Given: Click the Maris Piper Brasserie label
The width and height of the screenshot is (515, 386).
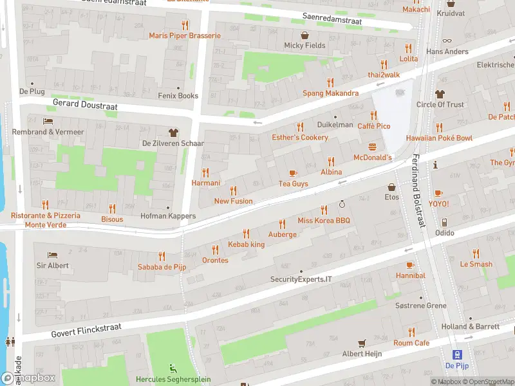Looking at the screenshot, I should pyautogui.click(x=185, y=35).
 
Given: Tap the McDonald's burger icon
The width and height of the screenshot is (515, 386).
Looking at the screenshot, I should pyautogui.click(x=372, y=147).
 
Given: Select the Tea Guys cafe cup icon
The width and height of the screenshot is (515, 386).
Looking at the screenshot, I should pyautogui.click(x=293, y=172).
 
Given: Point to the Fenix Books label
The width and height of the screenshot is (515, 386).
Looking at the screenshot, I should pyautogui.click(x=178, y=96).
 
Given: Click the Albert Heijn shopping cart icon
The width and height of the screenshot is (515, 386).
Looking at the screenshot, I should pyautogui.click(x=362, y=343).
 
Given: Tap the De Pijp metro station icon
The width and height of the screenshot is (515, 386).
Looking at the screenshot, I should pyautogui.click(x=457, y=354).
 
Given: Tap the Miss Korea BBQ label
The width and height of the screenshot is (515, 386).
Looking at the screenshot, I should pyautogui.click(x=323, y=221).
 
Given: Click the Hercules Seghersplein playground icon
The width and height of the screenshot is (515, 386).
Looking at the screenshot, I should pyautogui.click(x=172, y=369).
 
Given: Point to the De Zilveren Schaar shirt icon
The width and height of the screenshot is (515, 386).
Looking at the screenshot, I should pyautogui.click(x=173, y=132).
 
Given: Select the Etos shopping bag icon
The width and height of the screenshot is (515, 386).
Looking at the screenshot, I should pyautogui.click(x=391, y=187).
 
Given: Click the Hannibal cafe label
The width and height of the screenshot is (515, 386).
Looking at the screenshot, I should pyautogui.click(x=410, y=275).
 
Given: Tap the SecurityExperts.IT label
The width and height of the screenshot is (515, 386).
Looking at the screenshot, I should pyautogui.click(x=301, y=279).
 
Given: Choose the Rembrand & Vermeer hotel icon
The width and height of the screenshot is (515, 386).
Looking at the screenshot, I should pyautogui.click(x=48, y=121).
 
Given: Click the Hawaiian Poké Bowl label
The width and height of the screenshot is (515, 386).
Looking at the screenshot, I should pyautogui.click(x=438, y=138).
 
